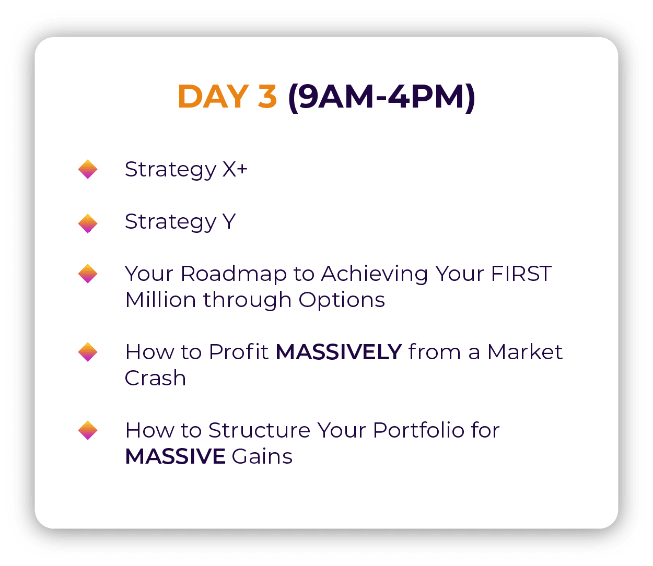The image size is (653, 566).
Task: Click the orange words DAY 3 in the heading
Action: (x=227, y=96)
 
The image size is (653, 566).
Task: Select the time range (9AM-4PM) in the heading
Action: (x=382, y=97)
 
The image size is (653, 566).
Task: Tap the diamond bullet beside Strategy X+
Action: (x=88, y=169)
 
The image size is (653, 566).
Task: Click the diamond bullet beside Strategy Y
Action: (x=88, y=223)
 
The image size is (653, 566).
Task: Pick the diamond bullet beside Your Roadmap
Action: (x=88, y=274)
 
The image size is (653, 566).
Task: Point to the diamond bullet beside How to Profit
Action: (x=88, y=352)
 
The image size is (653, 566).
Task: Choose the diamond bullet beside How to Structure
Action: (x=88, y=430)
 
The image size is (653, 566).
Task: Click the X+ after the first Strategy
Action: (x=235, y=169)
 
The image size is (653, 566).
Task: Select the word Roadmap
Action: (x=234, y=274)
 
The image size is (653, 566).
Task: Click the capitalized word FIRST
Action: (x=521, y=273)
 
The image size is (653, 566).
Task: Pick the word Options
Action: (x=342, y=300)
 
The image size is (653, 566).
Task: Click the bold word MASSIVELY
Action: (x=339, y=352)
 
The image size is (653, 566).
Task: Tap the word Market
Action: (x=525, y=352)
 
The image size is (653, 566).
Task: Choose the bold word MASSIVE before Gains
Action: (x=176, y=456)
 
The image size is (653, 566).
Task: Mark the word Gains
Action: (x=262, y=456)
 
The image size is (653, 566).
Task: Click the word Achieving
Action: (x=375, y=274)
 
